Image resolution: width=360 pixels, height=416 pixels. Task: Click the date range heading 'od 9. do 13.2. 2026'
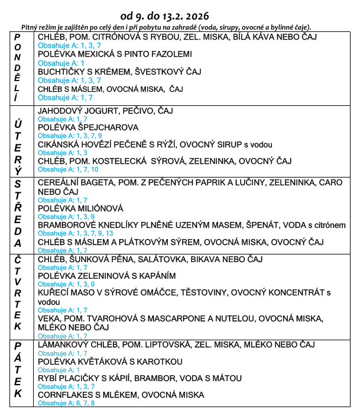pos(181,14)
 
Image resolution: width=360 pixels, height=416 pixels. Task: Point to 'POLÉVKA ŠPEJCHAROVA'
pos(88,127)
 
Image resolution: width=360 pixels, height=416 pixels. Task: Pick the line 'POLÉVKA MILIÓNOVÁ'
pos(80,208)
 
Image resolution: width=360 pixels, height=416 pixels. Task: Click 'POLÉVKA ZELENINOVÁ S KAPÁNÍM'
pos(106,276)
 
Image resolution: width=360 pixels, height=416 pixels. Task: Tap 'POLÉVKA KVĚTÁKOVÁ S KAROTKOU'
pos(109,362)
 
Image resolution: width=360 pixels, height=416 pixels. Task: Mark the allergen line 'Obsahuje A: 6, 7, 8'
pos(66,403)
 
